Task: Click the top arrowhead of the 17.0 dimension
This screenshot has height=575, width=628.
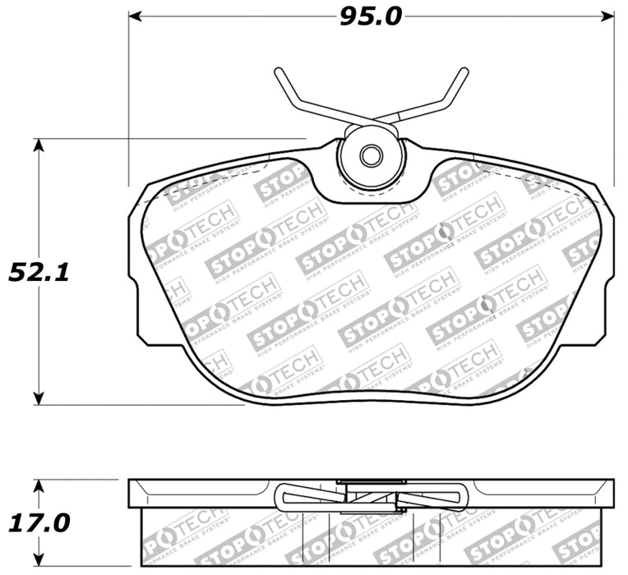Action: (x=38, y=484)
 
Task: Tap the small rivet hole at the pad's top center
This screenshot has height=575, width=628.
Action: (x=372, y=155)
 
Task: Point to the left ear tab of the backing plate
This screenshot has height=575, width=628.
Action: (x=136, y=271)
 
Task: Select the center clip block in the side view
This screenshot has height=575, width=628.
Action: (x=372, y=495)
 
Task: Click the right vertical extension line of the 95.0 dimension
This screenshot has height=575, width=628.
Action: (x=615, y=99)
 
